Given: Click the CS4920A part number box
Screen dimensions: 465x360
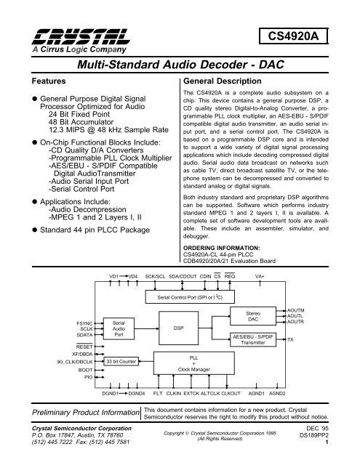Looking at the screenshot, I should [309, 34].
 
